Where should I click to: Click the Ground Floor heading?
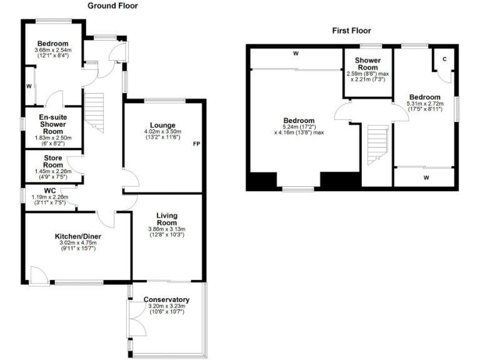coord(112,6)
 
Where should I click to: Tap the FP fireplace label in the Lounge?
coord(196,144)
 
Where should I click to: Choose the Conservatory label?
coord(166,299)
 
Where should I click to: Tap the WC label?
coord(51,191)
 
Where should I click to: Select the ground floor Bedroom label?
coord(52,43)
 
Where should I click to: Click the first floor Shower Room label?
coord(368,64)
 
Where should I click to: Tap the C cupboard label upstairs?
coord(444,59)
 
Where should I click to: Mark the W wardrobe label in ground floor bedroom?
coord(29,86)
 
